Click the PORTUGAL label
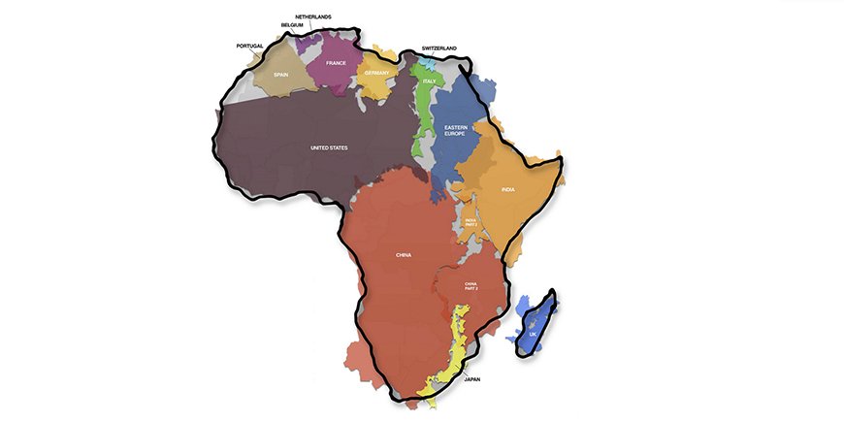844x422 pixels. [249, 46]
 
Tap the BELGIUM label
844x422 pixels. [291, 25]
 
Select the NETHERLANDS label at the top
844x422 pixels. [313, 16]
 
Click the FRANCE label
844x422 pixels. [337, 63]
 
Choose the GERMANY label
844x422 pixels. [375, 73]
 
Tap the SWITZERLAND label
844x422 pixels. [439, 48]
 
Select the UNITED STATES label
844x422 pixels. [329, 147]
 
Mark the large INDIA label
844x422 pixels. [507, 190]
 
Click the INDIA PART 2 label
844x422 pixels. [471, 223]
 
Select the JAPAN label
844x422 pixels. [473, 379]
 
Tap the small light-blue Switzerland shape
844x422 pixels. [427, 59]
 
